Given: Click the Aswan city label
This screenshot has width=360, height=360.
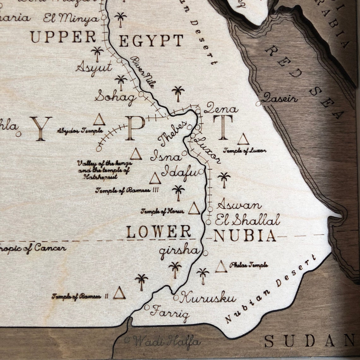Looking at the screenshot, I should coord(239,205).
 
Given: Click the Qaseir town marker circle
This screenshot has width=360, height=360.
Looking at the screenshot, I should coord(258,103).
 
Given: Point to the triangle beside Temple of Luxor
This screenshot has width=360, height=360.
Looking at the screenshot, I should coord(243,139).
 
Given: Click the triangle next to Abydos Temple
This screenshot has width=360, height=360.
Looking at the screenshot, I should coord(99,120).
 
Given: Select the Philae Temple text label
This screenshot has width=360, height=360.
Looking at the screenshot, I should coord(249,265).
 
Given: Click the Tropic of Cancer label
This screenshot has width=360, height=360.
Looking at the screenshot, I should coord(33,248).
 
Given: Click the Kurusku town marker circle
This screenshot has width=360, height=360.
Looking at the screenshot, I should coord(176,297).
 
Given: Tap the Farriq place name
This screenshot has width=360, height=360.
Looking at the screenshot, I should coord(170,312).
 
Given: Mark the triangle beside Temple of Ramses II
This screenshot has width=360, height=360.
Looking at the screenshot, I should coord(119,293).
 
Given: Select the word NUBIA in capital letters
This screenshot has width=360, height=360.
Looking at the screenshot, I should coord(245,236).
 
